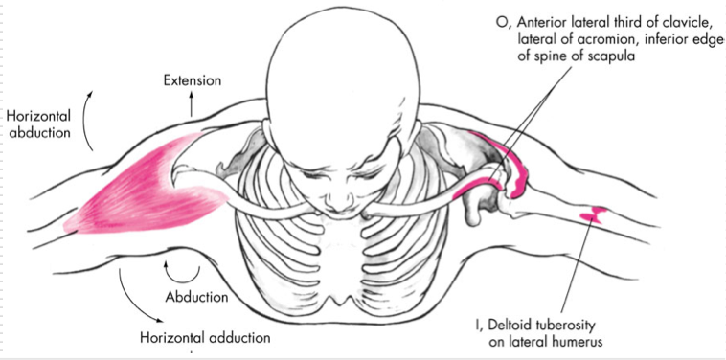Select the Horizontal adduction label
coord(205,338)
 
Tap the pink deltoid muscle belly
coord(144,187)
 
